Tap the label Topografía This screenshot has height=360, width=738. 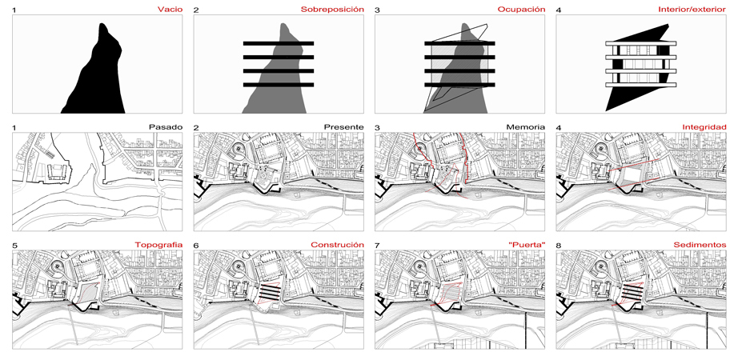pyautogui.click(x=158, y=245)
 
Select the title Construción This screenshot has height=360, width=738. pyautogui.click(x=338, y=245)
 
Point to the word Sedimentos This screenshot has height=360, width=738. pyautogui.click(x=704, y=245)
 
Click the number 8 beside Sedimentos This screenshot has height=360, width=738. pyautogui.click(x=558, y=245)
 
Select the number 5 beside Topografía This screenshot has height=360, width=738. pyautogui.click(x=14, y=245)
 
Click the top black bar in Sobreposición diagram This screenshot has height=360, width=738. pyautogui.click(x=279, y=43)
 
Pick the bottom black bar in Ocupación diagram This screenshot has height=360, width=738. pyautogui.click(x=459, y=85)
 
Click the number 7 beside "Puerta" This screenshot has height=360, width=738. pyautogui.click(x=377, y=245)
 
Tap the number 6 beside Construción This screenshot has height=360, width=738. pyautogui.click(x=196, y=245)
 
